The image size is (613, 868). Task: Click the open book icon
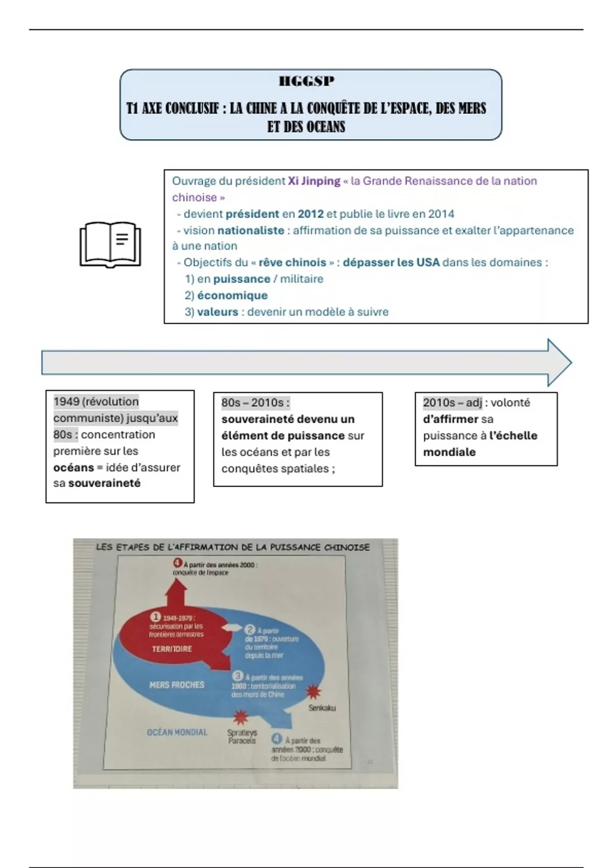point(110,245)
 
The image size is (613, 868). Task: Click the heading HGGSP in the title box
point(306,81)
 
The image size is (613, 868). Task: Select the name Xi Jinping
point(314,181)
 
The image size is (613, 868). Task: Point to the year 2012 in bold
point(311,214)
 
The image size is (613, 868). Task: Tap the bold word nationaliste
point(251,230)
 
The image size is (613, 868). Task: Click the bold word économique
point(232,295)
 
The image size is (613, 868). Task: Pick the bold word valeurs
point(218,311)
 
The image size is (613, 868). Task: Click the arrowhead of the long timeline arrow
point(559,363)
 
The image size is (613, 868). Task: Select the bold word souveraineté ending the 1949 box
point(104,483)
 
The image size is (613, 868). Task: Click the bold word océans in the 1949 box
point(74,467)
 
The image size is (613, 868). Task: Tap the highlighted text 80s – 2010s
point(255,402)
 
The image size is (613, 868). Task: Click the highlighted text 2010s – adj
point(453,402)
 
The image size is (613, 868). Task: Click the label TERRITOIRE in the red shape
point(172,649)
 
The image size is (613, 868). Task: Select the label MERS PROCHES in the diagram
point(177,685)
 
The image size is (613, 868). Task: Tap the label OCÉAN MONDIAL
point(177,732)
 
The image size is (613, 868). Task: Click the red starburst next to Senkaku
point(313,692)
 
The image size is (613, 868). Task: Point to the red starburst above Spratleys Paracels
point(240,718)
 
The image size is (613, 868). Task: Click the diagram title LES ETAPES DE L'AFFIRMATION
point(232,547)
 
